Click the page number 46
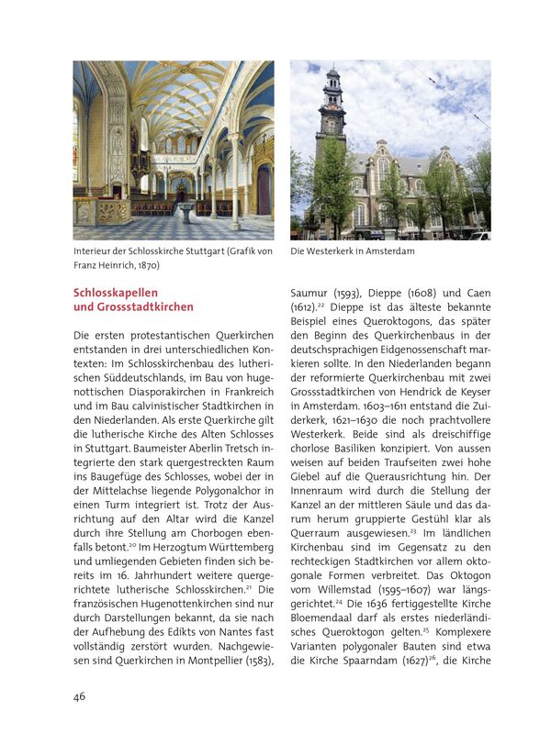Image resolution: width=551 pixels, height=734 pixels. [x=80, y=696]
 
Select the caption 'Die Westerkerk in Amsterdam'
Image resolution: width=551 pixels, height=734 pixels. [x=353, y=251]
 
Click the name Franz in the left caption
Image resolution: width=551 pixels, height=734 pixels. [x=89, y=266]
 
